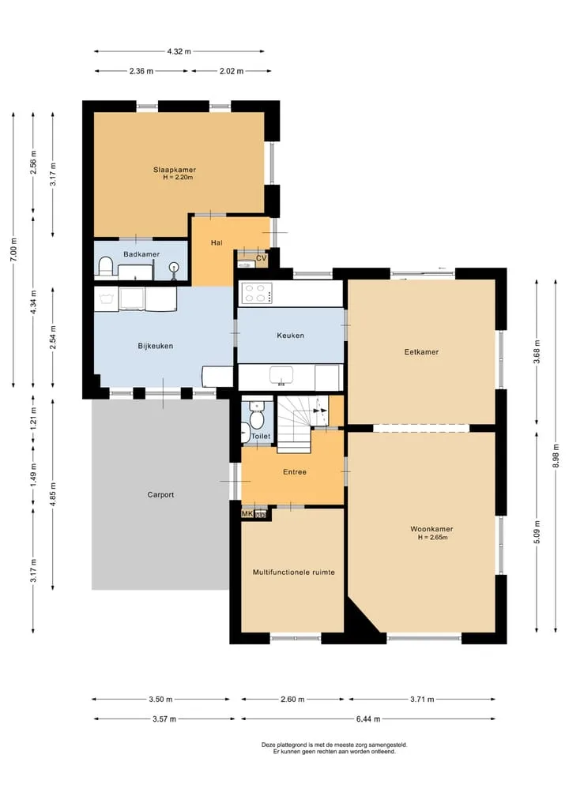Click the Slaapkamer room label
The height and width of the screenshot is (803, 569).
tap(175, 170)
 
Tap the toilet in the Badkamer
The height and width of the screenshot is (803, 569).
tap(106, 267)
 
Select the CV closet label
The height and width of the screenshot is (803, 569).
tap(262, 258)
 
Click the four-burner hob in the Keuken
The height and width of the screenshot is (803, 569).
tap(256, 294)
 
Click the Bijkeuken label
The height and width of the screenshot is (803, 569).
tap(156, 346)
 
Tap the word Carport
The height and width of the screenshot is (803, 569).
tap(160, 495)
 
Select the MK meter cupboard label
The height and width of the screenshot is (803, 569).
tap(247, 514)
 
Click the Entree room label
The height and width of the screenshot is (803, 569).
tap(295, 472)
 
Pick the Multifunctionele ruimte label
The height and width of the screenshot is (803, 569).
tap(294, 572)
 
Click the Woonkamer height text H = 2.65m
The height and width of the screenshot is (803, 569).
tap(432, 537)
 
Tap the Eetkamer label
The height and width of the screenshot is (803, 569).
tap(421, 352)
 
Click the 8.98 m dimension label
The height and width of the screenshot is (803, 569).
tap(556, 456)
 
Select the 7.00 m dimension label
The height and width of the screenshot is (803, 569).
tap(14, 250)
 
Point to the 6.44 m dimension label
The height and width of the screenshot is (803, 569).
tap(368, 719)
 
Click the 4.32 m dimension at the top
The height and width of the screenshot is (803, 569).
tap(179, 51)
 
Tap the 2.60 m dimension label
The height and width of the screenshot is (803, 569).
tap(292, 699)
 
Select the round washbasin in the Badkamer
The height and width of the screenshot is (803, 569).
tap(175, 267)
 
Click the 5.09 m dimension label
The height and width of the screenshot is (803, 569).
tap(537, 531)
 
